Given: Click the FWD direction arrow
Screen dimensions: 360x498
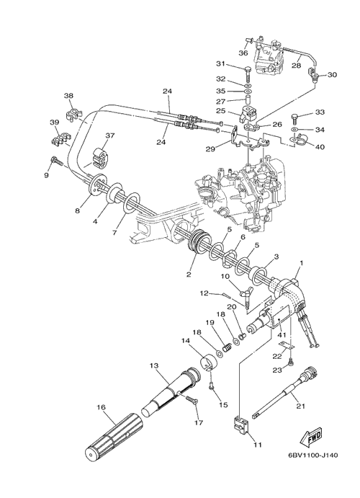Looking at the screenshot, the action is tap(311, 437).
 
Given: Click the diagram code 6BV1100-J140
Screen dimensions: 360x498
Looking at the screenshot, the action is tap(312, 455).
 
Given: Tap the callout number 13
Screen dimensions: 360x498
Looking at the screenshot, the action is tap(154, 366).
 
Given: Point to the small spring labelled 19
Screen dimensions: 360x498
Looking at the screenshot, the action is tap(227, 348).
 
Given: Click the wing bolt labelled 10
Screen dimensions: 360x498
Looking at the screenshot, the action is tap(248, 292).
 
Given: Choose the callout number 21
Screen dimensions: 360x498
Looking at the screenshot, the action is tap(300, 406).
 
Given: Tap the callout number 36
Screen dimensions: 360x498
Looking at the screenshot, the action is tap(243, 53).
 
